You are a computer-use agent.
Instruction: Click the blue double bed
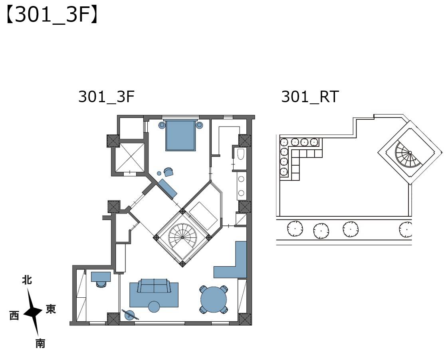[180, 135]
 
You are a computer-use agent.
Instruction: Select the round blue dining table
[214, 299]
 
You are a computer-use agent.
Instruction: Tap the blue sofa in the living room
[154, 286]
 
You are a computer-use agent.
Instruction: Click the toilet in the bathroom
[241, 154]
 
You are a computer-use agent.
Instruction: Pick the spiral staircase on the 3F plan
[182, 237]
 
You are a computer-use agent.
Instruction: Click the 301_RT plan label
[310, 97]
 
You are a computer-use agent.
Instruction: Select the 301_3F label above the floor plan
[106, 97]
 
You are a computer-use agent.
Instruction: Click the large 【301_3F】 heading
[52, 15]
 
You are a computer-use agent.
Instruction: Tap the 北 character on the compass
[27, 280]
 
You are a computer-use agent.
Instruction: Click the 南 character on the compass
[40, 343]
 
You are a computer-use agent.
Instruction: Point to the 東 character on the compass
[51, 309]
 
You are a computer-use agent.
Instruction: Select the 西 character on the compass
[14, 315]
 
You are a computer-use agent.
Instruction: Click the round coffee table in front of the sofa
[154, 307]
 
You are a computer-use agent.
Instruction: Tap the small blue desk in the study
[101, 277]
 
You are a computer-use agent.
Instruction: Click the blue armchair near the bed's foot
[168, 172]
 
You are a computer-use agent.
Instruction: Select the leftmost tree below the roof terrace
[295, 228]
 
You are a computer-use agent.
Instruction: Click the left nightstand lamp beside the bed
[162, 125]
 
